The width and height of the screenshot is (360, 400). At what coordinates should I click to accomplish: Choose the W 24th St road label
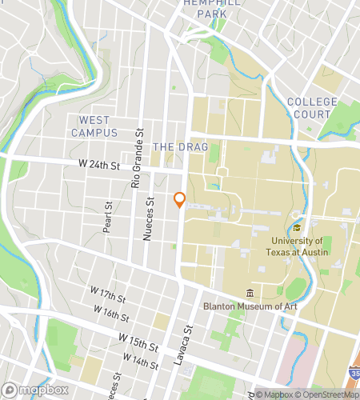point(98,164)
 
